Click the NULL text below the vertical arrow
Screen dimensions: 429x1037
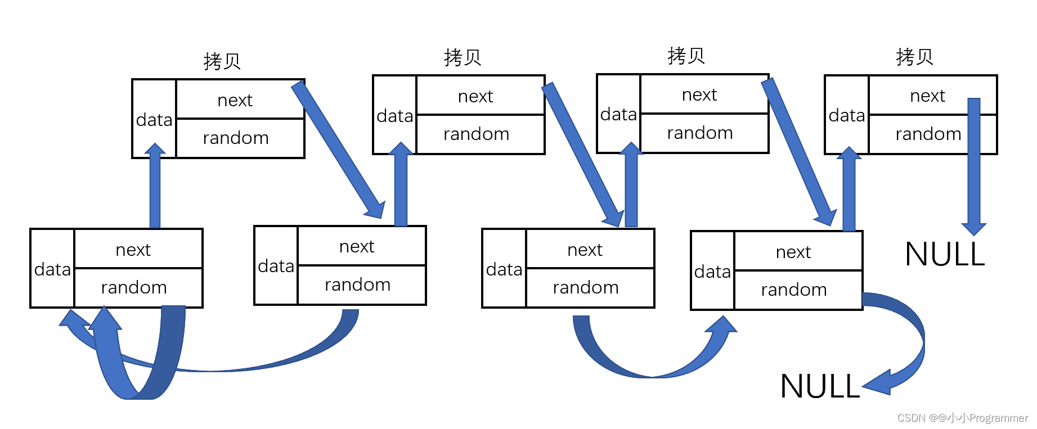[x=945, y=254]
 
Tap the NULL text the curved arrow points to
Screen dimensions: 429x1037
[x=820, y=387]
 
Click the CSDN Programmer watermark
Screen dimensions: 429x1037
[x=962, y=418]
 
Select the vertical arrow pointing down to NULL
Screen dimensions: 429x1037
[x=974, y=169]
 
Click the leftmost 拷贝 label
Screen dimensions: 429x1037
[x=222, y=61]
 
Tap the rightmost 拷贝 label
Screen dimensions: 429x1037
[x=914, y=57]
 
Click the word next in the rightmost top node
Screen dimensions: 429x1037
[x=927, y=96]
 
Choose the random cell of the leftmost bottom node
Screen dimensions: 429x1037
[x=134, y=288]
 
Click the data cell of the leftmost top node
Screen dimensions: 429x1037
[x=154, y=120]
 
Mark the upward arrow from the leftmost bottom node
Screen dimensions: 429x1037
[x=155, y=188]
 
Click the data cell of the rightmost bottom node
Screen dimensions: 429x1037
[x=712, y=272]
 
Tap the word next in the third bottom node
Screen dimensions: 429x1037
[x=585, y=250]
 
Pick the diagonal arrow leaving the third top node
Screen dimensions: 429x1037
[x=799, y=152]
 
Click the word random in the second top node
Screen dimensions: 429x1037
[x=476, y=134]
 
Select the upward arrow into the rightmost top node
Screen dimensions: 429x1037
[x=849, y=191]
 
